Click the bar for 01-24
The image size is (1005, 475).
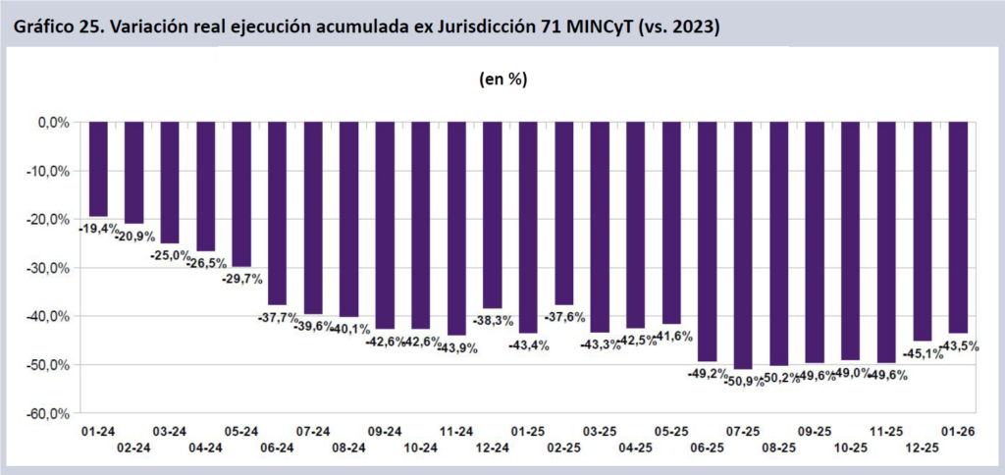tap(98, 169)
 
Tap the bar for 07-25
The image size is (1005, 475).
tap(743, 245)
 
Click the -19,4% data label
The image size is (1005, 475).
tap(98, 228)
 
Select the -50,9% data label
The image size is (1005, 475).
tap(743, 381)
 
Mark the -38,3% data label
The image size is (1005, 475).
tap(493, 321)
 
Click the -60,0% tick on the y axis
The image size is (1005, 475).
tap(45, 413)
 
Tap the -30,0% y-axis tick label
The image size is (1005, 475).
tap(45, 268)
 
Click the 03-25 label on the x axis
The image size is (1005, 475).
tap(600, 432)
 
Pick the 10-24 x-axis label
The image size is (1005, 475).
tap(421, 448)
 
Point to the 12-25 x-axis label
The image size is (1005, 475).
tap(923, 448)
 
